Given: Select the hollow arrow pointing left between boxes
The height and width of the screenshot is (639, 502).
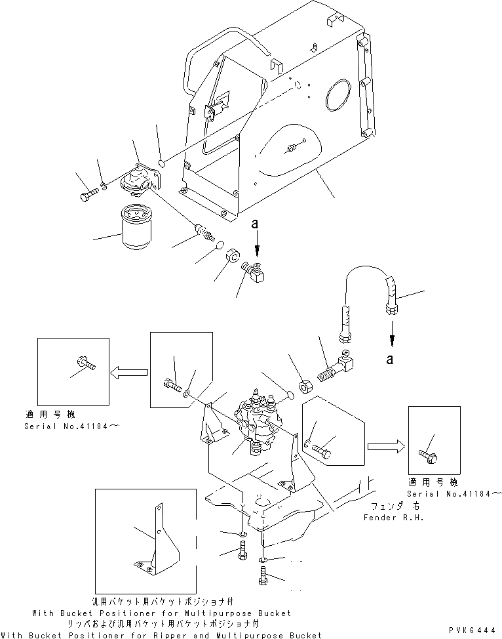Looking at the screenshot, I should pyautogui.click(x=124, y=373).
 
